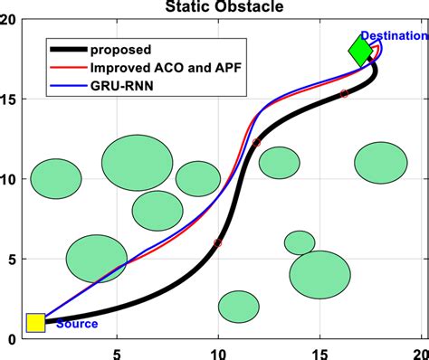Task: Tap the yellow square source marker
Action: (35, 323)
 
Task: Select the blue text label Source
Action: (77, 324)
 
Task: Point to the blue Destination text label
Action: (392, 36)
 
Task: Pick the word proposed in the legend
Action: (119, 47)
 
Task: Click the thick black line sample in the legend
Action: (69, 47)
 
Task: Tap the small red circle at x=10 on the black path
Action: (217, 243)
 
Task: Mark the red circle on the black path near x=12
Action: (256, 143)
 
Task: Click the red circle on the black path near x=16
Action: (344, 94)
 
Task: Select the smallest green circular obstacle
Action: (299, 242)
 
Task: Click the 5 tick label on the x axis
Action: (116, 354)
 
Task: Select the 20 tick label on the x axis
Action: (419, 354)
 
